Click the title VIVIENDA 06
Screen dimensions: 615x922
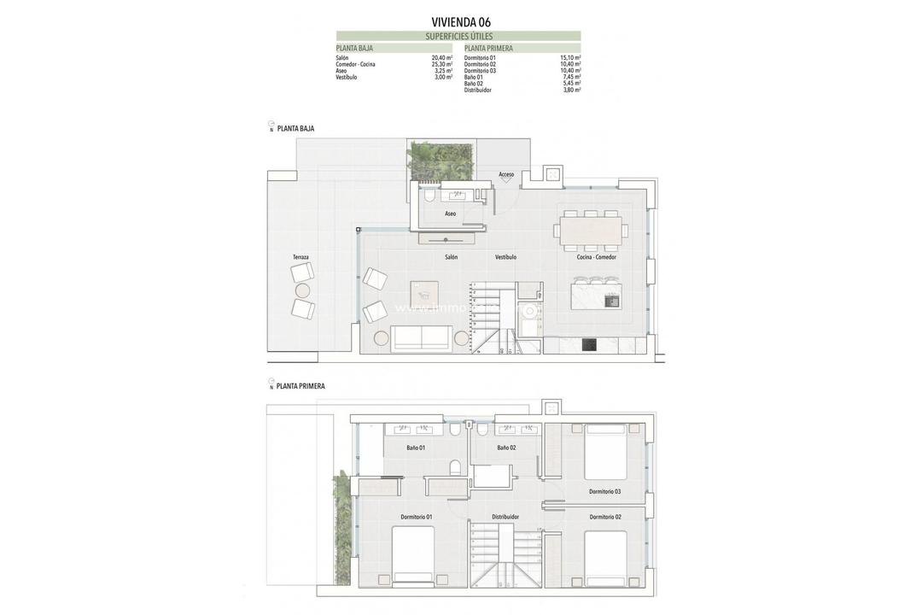pos(461,22)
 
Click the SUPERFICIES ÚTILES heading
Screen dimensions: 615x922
pos(459,37)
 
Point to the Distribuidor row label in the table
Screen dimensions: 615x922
pos(479,90)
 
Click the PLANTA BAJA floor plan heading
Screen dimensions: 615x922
pos(295,129)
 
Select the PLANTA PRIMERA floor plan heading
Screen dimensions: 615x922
pos(301,387)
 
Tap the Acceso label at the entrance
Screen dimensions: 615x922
pos(506,174)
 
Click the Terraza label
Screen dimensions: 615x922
pos(301,257)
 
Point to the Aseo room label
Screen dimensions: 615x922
pos(450,214)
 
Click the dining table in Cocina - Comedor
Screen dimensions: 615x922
pos(590,231)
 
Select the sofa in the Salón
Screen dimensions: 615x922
pos(422,338)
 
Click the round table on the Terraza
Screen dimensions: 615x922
pos(302,290)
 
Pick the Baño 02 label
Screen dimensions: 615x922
pos(506,448)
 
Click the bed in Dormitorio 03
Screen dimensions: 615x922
pos(605,451)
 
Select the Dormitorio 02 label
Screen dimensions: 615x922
pos(605,517)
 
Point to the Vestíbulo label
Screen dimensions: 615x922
pos(505,257)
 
